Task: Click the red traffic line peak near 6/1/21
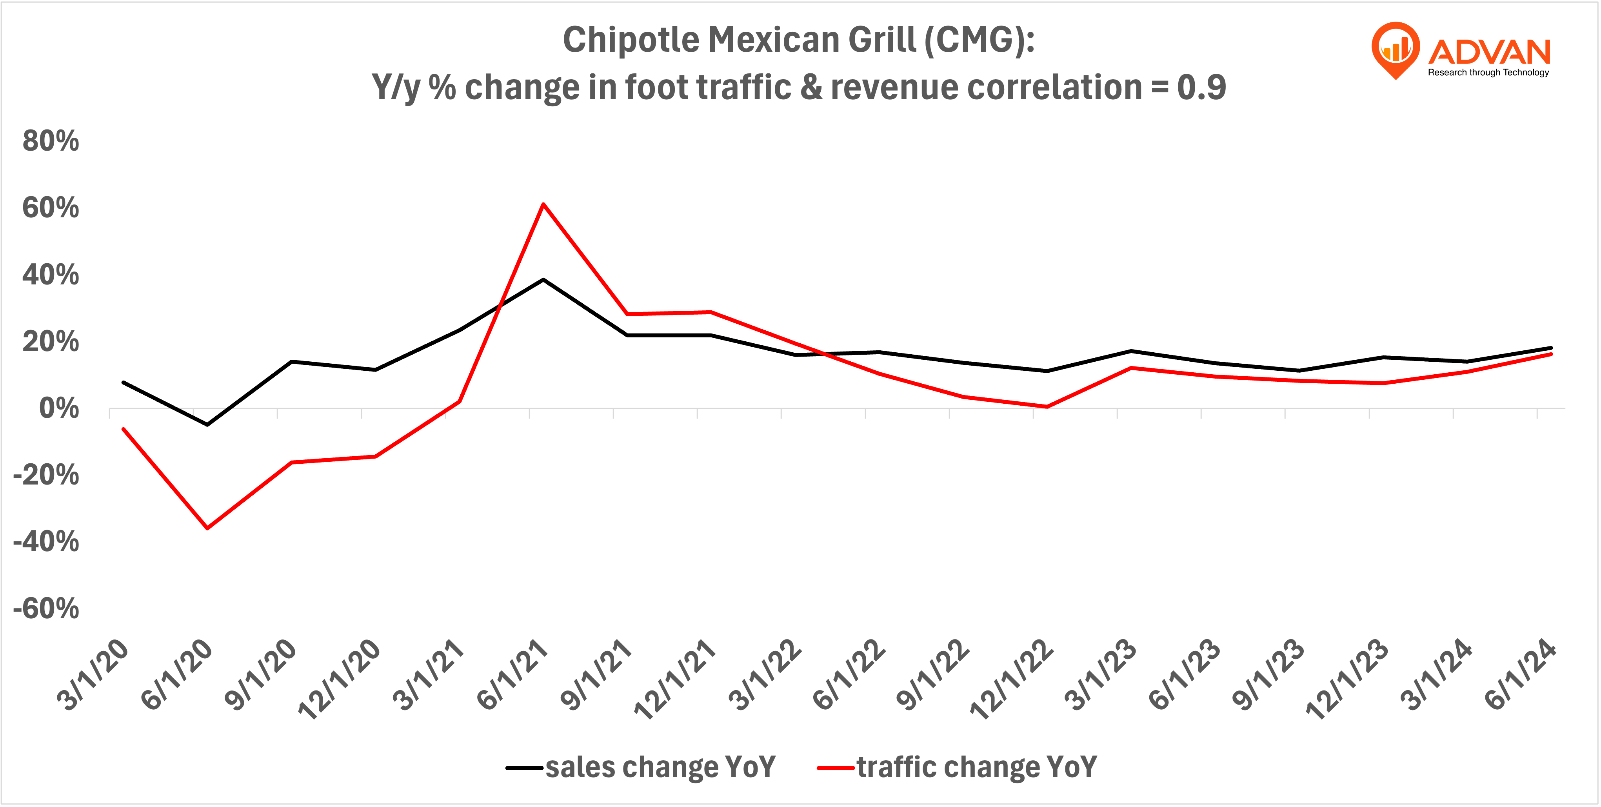pos(543,204)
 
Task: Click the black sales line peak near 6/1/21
pos(543,280)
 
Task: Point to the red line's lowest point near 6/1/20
pos(207,528)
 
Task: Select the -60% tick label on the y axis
pos(46,608)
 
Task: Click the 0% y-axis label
pos(59,409)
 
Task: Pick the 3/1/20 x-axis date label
pos(93,674)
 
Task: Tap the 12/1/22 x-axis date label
pos(1012,679)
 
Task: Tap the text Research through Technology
pos(1488,73)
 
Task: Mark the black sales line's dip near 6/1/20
pos(207,424)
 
